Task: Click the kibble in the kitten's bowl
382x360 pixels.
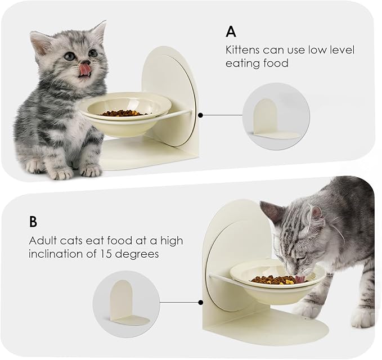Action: tap(123, 113)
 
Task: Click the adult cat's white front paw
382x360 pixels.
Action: tap(361, 318)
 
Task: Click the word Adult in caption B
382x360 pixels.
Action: tap(42, 241)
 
